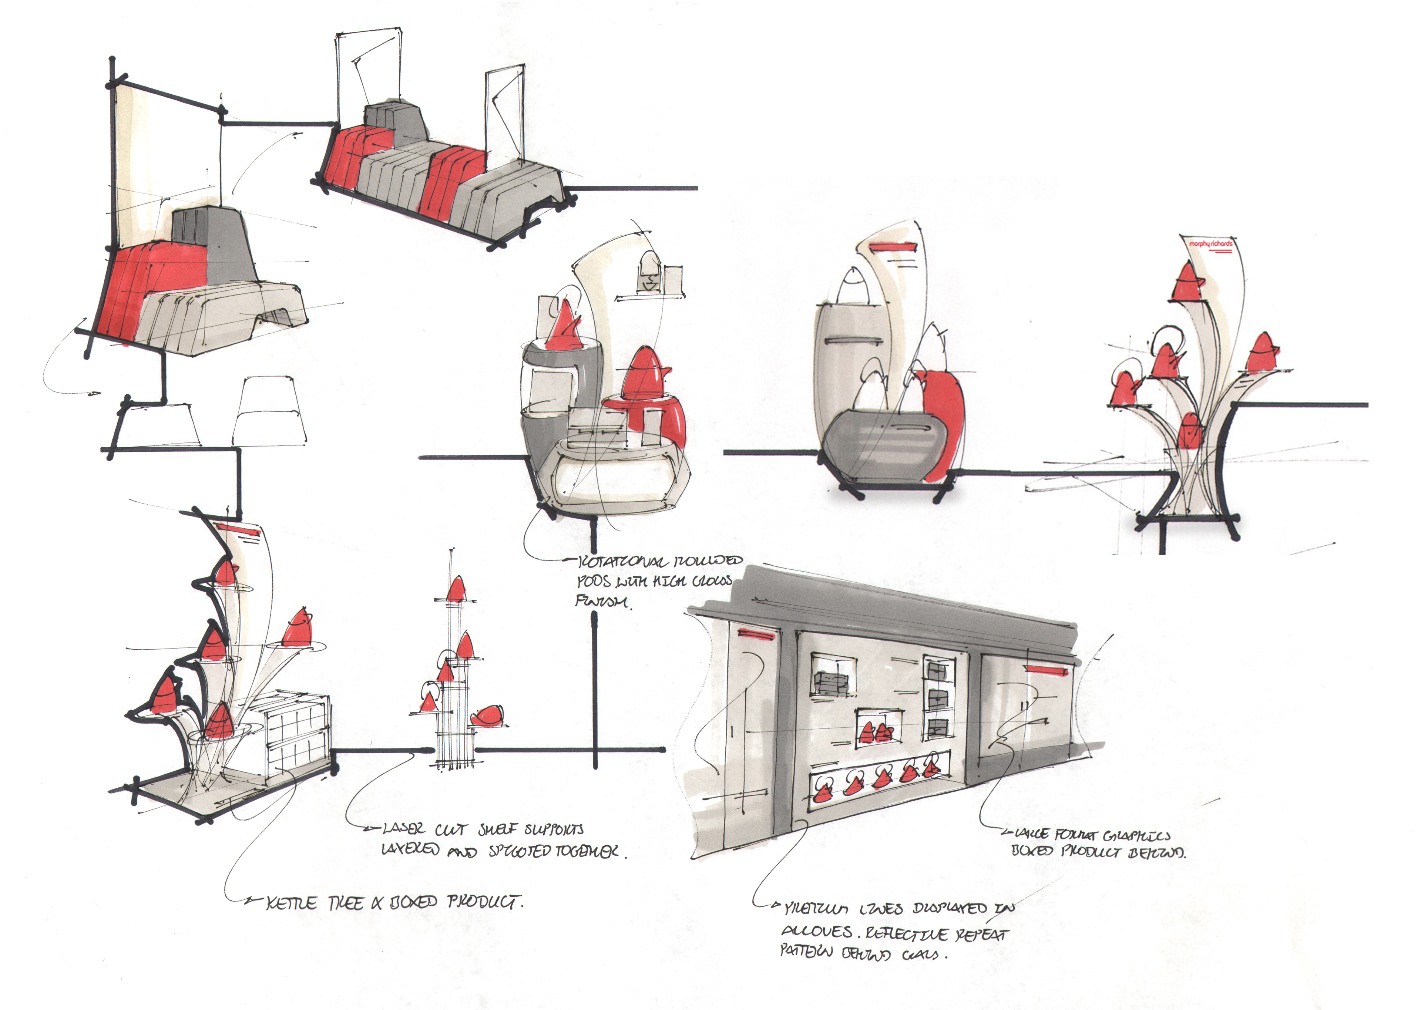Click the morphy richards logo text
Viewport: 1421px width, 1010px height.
(x=1210, y=244)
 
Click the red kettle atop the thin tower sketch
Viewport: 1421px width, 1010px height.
(x=456, y=590)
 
